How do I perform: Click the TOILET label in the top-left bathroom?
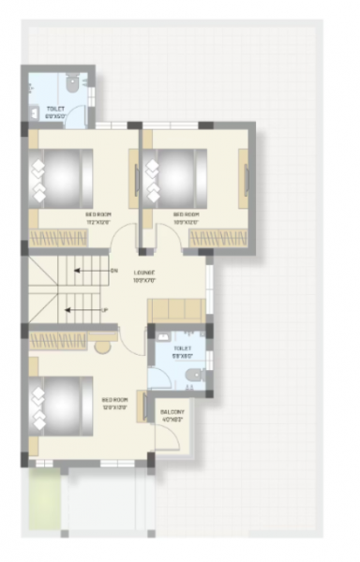(x=55, y=109)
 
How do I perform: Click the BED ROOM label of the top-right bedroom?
(x=187, y=217)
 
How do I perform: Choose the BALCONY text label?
(x=172, y=415)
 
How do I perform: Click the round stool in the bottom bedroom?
(x=101, y=346)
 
